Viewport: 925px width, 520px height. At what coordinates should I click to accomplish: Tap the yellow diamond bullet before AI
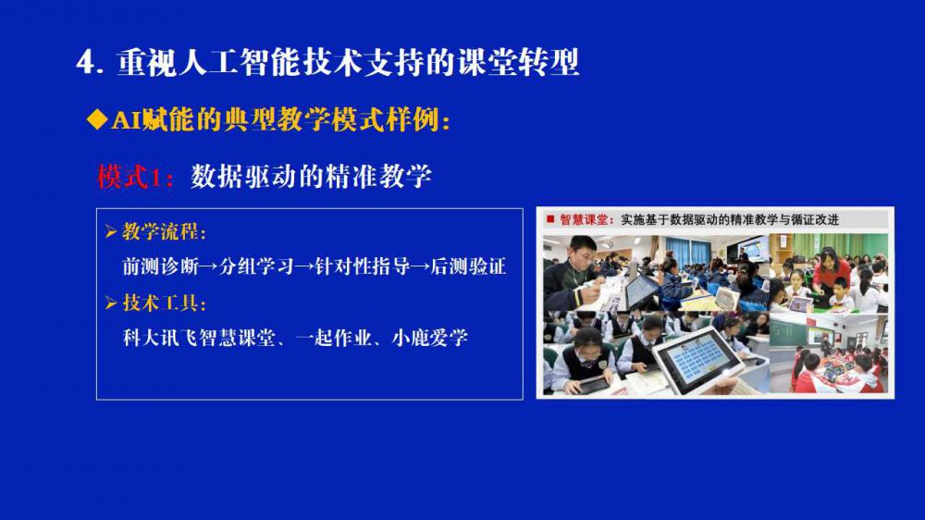[x=97, y=119]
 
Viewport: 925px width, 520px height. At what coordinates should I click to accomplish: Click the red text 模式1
[x=129, y=177]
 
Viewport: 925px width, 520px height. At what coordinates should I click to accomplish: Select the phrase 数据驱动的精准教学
[x=311, y=177]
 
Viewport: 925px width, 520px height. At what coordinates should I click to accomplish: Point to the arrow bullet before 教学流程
[x=111, y=231]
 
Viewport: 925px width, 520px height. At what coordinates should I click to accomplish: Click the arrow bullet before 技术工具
[x=111, y=303]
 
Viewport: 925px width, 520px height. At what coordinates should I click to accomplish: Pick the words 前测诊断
[x=160, y=266]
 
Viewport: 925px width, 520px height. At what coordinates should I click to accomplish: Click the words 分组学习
[x=256, y=266]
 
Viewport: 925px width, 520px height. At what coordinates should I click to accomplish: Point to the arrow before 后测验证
[x=421, y=266]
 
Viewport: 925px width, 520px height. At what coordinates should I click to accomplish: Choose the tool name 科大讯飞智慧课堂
[x=199, y=338]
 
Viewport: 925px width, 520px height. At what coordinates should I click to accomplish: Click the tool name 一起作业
[x=333, y=338]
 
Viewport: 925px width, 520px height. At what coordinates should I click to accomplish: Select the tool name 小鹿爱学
[x=429, y=338]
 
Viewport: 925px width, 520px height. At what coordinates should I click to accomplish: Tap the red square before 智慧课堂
[x=550, y=219]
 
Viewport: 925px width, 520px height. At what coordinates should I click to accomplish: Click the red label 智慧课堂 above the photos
[x=583, y=219]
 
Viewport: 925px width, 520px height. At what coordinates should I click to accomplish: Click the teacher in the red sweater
[x=831, y=275]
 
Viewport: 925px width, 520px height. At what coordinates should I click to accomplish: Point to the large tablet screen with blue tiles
[x=697, y=357]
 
